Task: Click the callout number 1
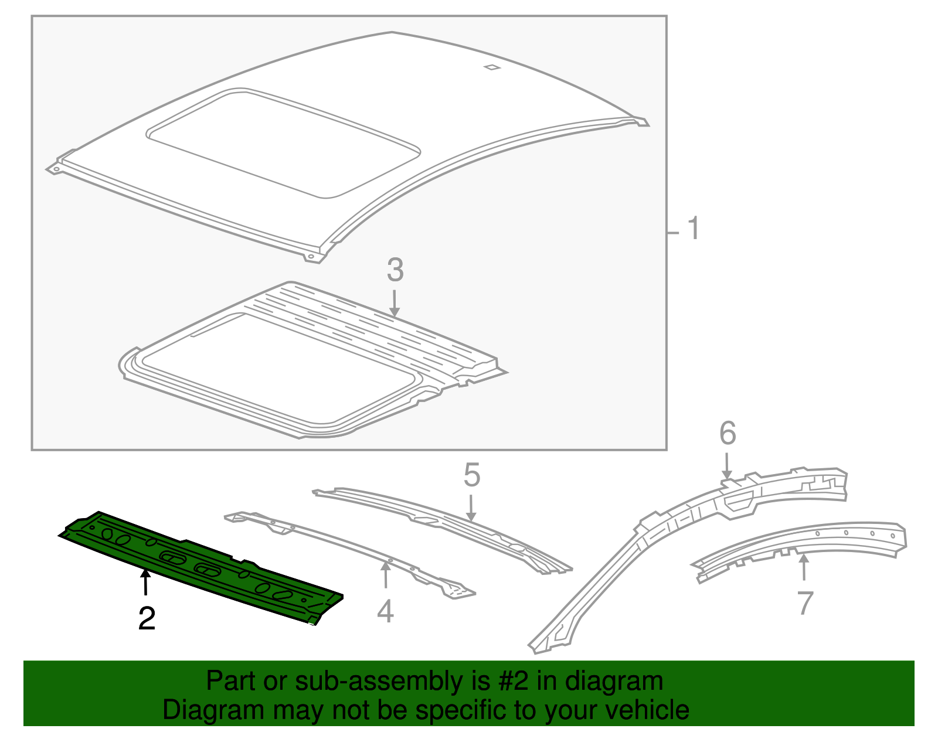point(693,229)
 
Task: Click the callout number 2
point(147,619)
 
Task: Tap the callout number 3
point(395,270)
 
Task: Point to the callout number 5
point(471,475)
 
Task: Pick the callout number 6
point(727,434)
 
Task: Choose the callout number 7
point(806,603)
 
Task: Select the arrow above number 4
point(385,574)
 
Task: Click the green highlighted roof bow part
point(199,563)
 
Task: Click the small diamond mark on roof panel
point(492,67)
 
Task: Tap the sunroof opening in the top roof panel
point(281,144)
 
